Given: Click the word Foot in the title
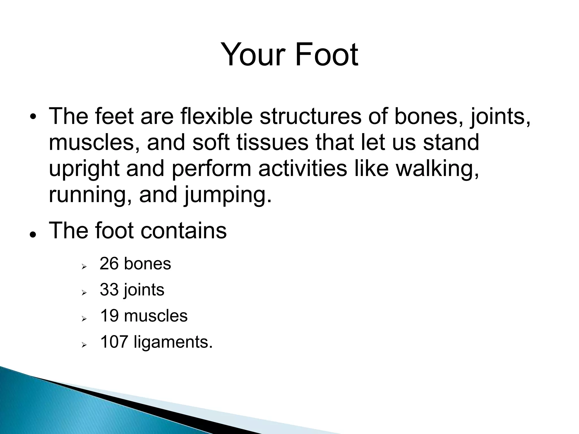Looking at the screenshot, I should (x=327, y=54).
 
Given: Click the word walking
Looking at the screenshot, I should (x=437, y=169).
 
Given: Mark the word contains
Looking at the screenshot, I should (x=183, y=231).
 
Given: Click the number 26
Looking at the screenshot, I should (x=109, y=264).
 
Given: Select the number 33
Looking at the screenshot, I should (x=109, y=290).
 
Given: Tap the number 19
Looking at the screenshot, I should (x=109, y=316).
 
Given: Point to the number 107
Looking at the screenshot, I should (x=114, y=342).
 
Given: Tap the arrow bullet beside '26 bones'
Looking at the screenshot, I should (x=84, y=266).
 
